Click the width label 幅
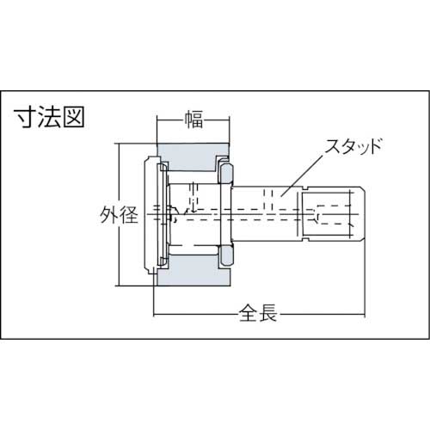[193, 119]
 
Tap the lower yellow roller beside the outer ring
[224, 255]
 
